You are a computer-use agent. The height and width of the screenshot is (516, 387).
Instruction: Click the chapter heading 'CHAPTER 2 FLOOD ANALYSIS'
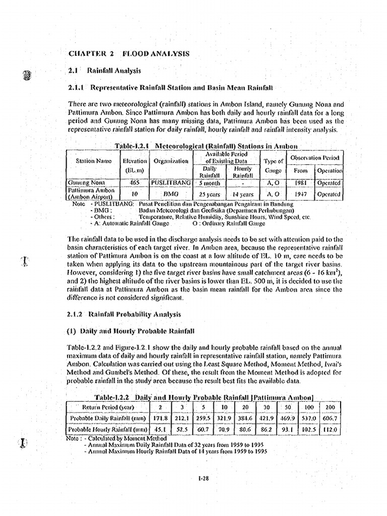(x=128, y=53)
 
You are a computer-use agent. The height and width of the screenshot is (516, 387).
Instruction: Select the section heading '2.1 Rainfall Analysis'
(x=104, y=71)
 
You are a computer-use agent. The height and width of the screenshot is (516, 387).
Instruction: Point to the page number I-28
(x=203, y=479)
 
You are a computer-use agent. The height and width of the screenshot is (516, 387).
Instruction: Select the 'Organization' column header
(x=171, y=162)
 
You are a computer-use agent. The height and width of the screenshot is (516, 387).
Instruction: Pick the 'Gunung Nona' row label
(x=84, y=182)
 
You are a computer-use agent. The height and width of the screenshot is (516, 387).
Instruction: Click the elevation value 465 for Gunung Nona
(x=135, y=182)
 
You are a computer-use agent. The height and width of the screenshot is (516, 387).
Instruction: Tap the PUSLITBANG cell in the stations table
(x=171, y=182)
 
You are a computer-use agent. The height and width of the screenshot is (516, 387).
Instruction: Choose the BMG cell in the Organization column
(x=171, y=193)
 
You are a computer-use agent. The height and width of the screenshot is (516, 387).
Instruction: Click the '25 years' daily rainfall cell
(x=209, y=193)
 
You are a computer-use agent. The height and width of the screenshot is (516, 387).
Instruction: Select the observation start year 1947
(x=300, y=193)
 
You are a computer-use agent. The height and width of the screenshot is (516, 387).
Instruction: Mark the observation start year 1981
(x=300, y=182)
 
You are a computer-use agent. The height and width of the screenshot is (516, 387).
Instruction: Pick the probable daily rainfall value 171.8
(x=159, y=418)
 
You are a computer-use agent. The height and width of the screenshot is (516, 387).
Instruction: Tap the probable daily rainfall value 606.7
(x=331, y=418)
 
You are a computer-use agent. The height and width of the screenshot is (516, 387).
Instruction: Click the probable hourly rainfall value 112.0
(x=331, y=430)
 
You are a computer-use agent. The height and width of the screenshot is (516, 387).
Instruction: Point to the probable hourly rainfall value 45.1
(x=159, y=430)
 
